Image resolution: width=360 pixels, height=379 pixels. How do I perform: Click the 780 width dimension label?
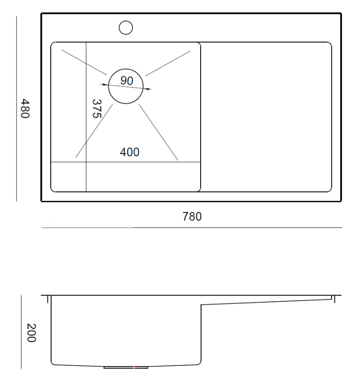tap(192, 217)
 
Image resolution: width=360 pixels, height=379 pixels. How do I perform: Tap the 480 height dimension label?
tap(25, 108)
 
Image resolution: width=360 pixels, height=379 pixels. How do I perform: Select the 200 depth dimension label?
tap(31, 333)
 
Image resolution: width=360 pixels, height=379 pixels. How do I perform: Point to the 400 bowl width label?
tap(129, 152)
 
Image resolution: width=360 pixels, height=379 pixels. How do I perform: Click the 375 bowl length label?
tap(96, 108)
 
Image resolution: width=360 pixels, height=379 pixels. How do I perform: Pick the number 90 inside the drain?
tap(127, 81)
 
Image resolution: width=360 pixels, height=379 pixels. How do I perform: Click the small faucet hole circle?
tap(126, 27)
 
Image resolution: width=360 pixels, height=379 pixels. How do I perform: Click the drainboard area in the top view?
tap(266, 116)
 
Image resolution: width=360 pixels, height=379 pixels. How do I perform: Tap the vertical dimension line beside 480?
tap(17, 108)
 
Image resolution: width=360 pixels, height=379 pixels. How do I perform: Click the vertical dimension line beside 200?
tap(21, 332)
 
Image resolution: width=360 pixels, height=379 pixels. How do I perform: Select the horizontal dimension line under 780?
tap(192, 228)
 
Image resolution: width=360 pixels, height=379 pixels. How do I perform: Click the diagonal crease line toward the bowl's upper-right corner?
tap(168, 63)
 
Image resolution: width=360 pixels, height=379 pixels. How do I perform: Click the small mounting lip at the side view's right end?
tap(333, 298)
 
